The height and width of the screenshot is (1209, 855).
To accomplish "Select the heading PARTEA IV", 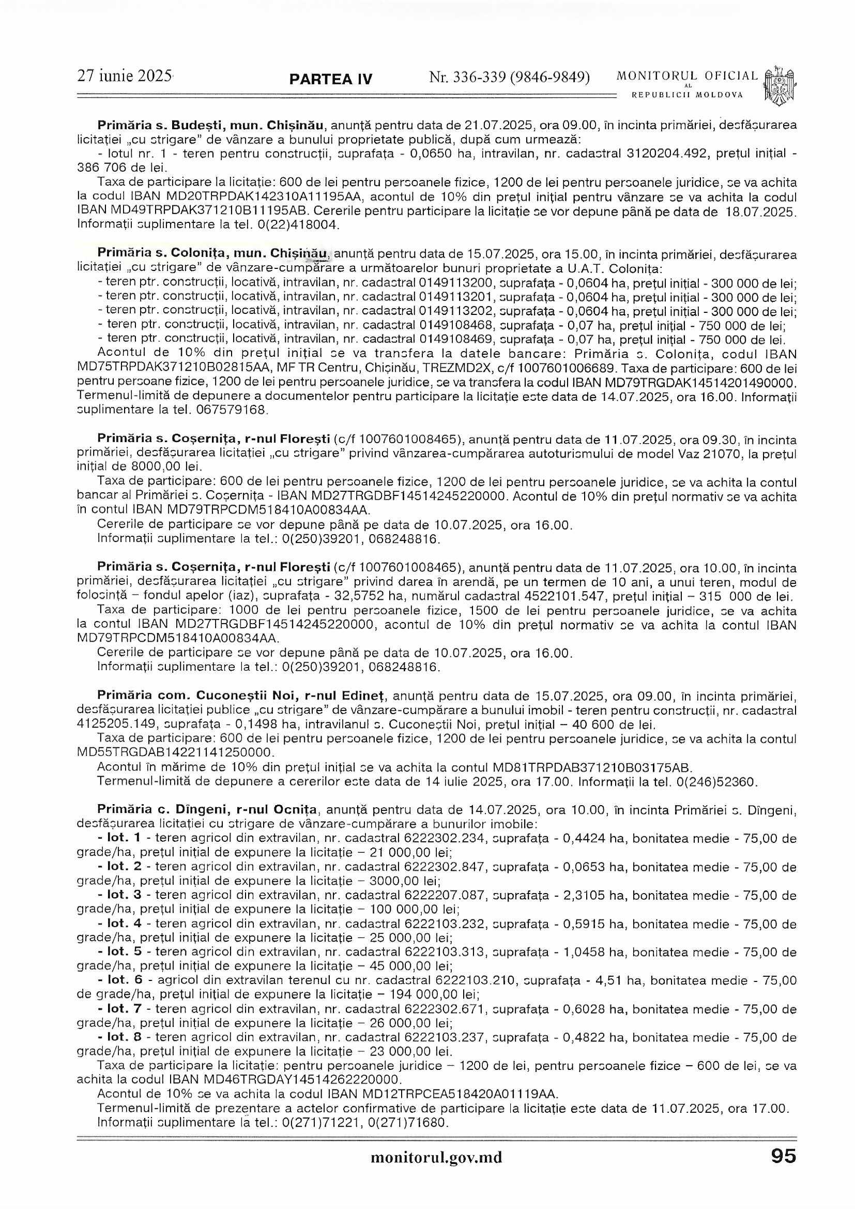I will (x=331, y=80).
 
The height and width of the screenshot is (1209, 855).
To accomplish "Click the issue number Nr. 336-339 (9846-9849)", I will (x=510, y=78).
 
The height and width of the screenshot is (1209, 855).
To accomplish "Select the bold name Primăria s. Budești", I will (x=152, y=126).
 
